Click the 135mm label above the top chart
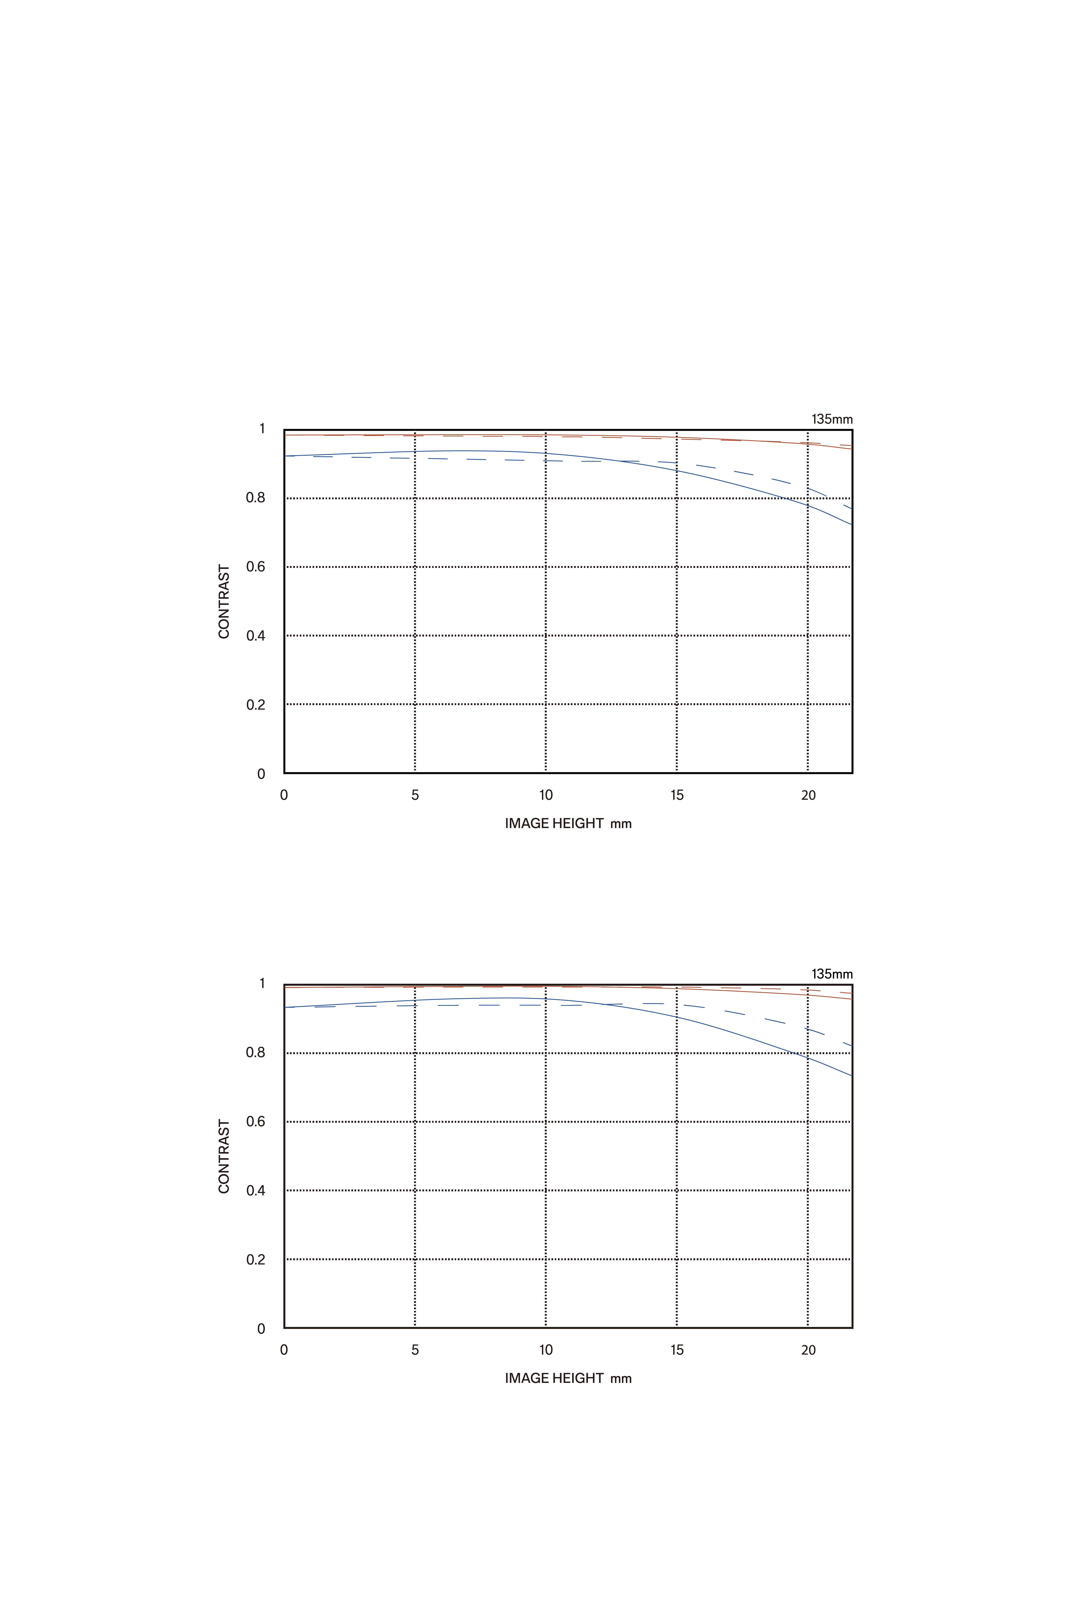(x=831, y=419)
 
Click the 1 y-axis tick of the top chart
(x=262, y=429)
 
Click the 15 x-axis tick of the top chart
(x=677, y=795)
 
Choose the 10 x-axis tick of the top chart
(x=546, y=795)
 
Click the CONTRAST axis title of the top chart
(x=223, y=602)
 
